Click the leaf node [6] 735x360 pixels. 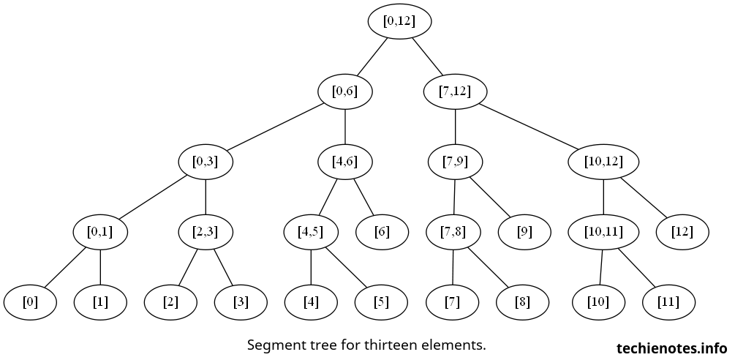tap(382, 233)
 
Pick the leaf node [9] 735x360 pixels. tap(524, 233)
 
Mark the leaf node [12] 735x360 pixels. tap(691, 233)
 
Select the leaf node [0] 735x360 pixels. tap(30, 302)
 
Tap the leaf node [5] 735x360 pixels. tap(381, 302)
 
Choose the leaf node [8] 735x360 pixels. tap(522, 302)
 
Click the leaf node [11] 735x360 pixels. tap(668, 302)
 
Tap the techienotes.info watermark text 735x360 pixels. tap(672, 348)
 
